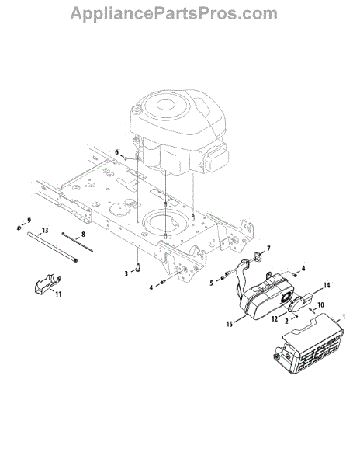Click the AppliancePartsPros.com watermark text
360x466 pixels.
click(174, 14)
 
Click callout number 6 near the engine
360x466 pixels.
click(117, 152)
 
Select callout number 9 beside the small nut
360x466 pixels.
click(29, 221)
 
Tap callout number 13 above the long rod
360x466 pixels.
click(45, 231)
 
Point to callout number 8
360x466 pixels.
click(83, 235)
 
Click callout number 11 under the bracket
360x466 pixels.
click(58, 294)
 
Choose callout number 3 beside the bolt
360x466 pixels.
click(126, 273)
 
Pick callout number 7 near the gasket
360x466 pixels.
click(268, 249)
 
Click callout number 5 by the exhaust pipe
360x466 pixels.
click(211, 283)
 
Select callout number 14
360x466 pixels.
click(327, 285)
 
